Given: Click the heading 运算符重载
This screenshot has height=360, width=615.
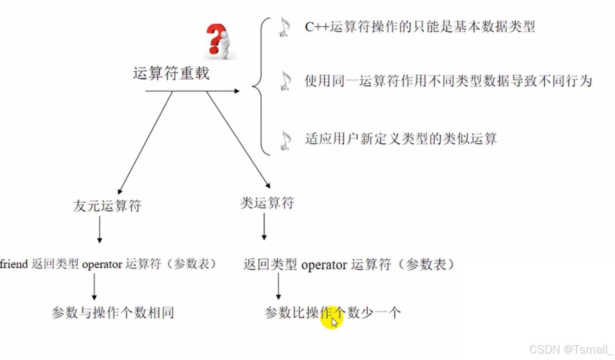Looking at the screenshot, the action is point(171,73).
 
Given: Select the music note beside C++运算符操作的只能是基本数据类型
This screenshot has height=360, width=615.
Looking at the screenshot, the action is point(284,27).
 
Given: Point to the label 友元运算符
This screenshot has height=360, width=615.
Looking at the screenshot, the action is point(107,206).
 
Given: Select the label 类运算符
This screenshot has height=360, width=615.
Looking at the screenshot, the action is point(267,203).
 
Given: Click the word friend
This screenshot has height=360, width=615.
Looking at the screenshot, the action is point(14,264).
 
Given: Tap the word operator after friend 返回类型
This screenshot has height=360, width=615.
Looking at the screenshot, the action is point(102,265).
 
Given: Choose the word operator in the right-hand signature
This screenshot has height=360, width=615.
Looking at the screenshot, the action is point(324,265).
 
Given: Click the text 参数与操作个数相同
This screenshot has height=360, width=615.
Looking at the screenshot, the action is point(113,313).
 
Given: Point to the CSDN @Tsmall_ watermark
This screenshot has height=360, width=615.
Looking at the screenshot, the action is point(571,350).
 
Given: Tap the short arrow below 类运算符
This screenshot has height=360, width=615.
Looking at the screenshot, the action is point(264,227).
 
